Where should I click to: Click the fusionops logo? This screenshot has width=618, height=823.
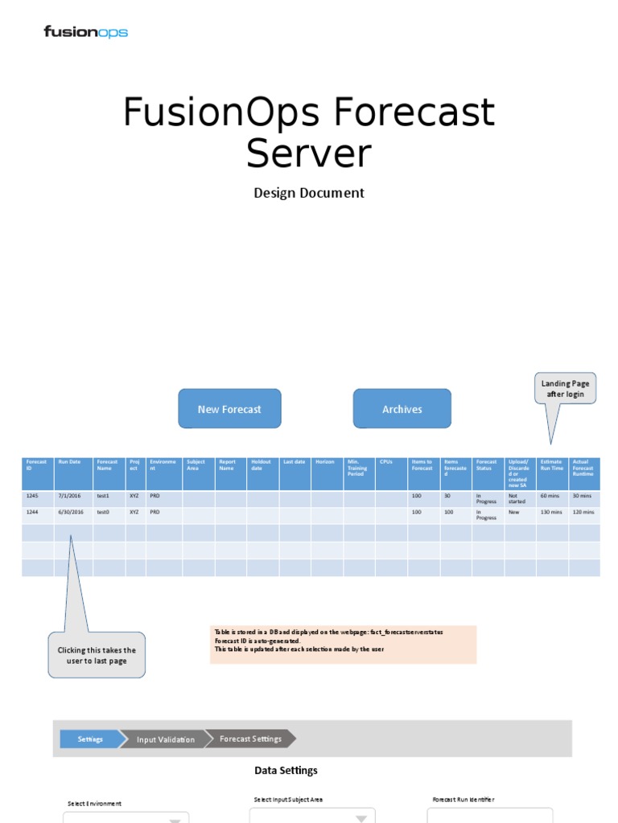[85, 32]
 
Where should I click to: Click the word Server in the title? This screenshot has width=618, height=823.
[308, 153]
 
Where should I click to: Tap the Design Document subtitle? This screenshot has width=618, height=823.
[309, 193]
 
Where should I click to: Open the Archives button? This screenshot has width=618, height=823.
[402, 409]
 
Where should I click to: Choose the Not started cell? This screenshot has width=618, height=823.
[520, 498]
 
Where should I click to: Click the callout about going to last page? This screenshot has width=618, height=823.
[97, 655]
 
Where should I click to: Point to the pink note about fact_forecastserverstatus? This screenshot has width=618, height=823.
[344, 645]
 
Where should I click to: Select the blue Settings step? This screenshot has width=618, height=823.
[89, 739]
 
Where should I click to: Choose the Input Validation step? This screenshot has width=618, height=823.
[165, 739]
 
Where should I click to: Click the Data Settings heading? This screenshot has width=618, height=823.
[286, 770]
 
